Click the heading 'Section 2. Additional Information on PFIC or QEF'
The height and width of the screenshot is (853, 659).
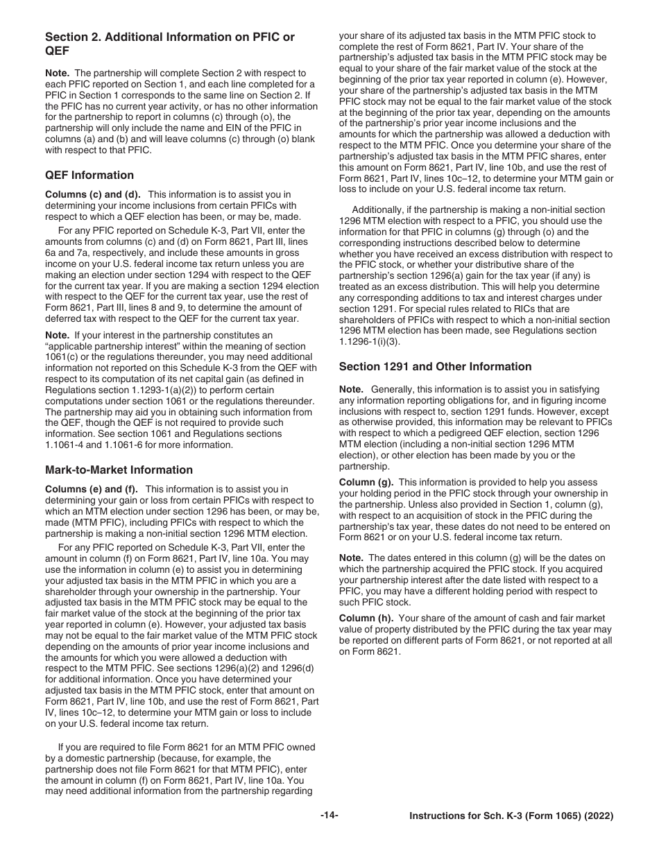[x=169, y=44]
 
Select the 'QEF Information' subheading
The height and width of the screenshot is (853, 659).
[x=89, y=175]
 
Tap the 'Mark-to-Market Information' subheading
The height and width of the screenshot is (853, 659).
[x=119, y=470]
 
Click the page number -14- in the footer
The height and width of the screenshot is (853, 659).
[x=329, y=816]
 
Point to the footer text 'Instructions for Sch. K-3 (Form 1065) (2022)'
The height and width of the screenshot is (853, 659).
[x=511, y=816]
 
